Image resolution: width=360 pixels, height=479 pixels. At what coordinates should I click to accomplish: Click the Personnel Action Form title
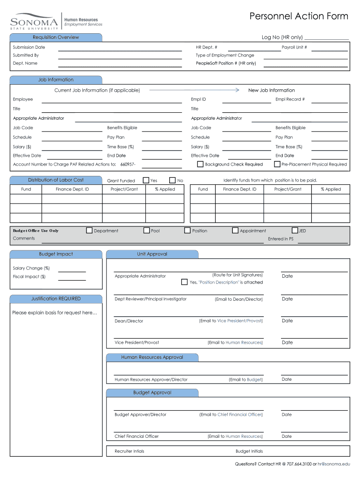point(299,16)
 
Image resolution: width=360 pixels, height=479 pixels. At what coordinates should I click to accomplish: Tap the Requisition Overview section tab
point(56,37)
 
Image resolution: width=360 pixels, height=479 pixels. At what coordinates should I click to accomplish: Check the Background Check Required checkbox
point(200,164)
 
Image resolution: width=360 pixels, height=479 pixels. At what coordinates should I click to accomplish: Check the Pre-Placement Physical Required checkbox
point(277,164)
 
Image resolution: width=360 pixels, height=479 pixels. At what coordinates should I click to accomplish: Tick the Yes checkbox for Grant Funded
point(146,180)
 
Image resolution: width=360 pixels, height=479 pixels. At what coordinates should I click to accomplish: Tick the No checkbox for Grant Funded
point(172,180)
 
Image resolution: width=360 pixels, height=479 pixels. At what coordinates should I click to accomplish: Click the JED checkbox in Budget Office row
point(295,230)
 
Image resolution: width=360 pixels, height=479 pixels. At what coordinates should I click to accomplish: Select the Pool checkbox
point(146,230)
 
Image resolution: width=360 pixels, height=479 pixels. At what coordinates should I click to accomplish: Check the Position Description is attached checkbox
point(184,282)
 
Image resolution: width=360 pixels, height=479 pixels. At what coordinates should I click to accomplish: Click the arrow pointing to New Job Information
point(194,90)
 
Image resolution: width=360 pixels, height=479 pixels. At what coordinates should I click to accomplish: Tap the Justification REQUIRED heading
point(56,298)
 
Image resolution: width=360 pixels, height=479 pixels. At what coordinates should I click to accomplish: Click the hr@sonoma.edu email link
point(333,464)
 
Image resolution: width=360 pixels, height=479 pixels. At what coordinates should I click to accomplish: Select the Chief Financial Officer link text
point(239,414)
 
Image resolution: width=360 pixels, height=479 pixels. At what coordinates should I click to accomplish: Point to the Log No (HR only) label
point(282,37)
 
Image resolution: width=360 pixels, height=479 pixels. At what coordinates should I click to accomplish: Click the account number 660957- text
point(128,164)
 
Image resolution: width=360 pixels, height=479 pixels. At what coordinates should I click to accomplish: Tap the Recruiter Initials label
point(130,451)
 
